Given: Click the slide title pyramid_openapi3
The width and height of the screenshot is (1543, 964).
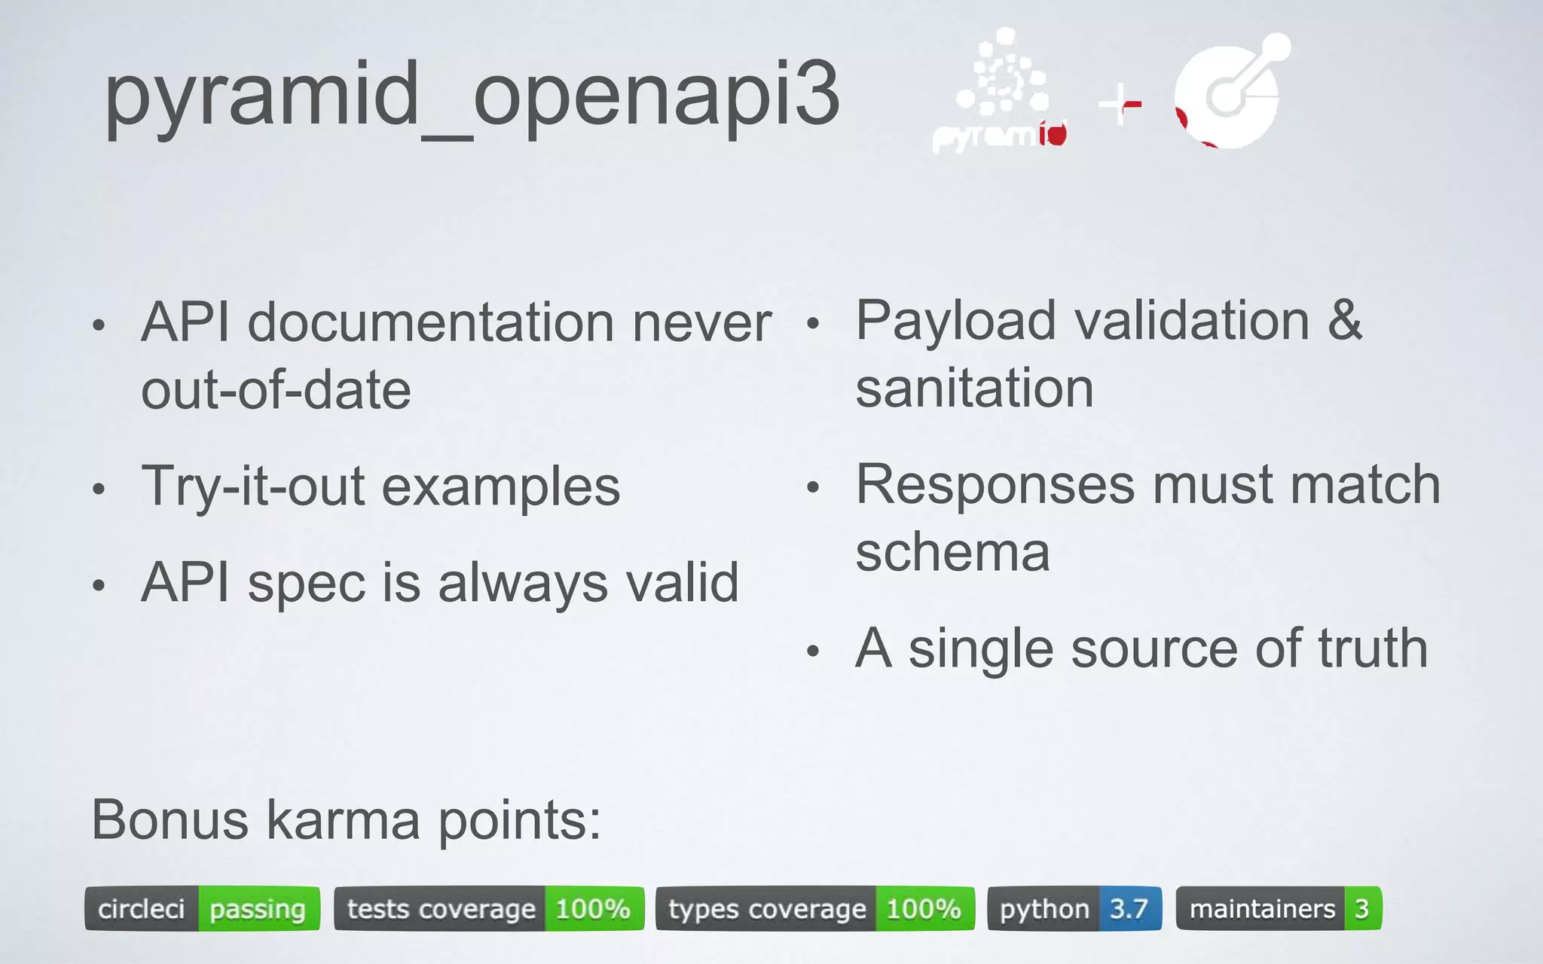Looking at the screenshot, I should click(472, 96).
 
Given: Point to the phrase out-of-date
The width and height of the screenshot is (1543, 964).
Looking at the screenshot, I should click(276, 390).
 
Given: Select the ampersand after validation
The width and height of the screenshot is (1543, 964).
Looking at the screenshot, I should click(1345, 321).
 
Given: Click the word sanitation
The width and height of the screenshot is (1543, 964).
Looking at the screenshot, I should click(974, 389).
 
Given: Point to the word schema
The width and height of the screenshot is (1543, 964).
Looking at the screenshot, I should click(952, 552).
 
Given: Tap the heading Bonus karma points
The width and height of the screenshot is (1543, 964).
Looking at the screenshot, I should click(346, 820).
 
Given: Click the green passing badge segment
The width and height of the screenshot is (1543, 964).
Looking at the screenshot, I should click(258, 909).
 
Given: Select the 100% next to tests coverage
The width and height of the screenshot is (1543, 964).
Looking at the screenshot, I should click(593, 909).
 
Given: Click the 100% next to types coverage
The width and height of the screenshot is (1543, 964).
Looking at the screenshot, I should click(924, 909).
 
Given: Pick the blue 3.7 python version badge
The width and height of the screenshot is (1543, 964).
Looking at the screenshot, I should click(1129, 909).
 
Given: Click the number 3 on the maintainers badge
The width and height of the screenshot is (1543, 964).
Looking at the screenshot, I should click(1361, 909).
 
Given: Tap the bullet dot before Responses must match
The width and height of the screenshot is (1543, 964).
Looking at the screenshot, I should click(812, 487).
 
